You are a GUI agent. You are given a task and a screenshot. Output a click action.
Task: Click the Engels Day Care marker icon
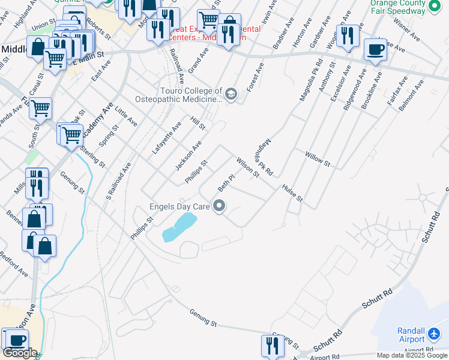pos(220,207)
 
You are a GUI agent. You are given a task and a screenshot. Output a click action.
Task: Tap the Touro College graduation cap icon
pos(230,94)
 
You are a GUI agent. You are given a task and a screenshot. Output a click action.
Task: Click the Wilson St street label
pos(247,167)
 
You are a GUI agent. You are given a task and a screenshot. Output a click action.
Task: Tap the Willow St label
pos(318,159)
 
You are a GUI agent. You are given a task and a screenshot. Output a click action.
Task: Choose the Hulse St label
pos(292,193)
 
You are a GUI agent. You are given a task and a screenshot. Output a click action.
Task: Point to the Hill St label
pos(198,124)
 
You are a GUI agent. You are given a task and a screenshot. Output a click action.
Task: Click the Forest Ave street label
pos(258,73)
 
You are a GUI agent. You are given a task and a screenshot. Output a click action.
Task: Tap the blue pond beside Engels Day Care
pos(180,227)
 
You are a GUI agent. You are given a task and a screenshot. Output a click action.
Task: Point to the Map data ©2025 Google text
pos(411,355)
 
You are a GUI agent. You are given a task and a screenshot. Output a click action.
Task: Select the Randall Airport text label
pos(411,335)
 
